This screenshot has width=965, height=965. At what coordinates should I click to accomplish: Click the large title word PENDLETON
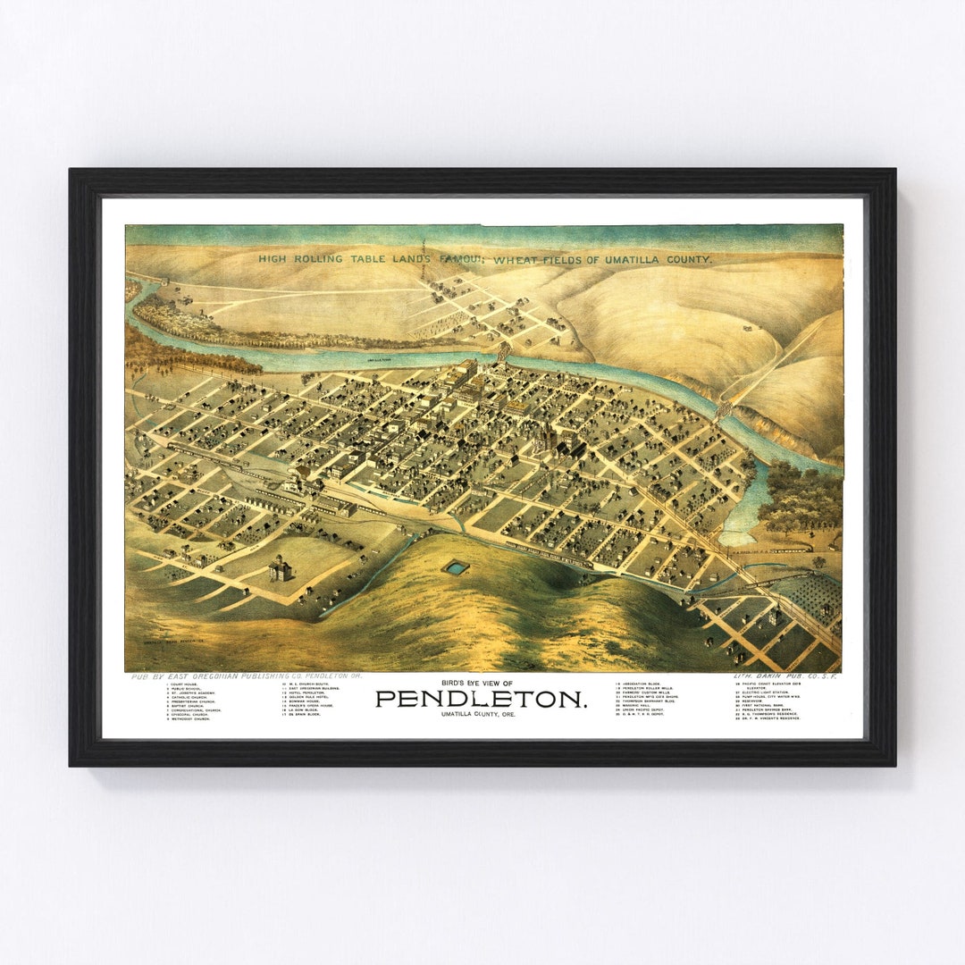(x=482, y=699)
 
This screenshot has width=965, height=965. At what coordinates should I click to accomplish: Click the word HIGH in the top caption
(x=273, y=259)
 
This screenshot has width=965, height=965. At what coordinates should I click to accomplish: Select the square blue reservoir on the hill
(x=456, y=566)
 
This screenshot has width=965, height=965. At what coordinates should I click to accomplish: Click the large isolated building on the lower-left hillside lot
(x=281, y=568)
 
